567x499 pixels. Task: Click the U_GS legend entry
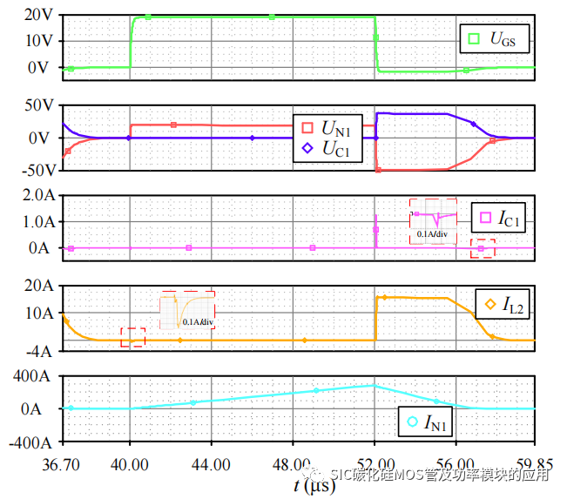click(x=496, y=38)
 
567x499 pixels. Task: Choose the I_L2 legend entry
click(x=505, y=304)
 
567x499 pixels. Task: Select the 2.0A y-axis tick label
click(x=36, y=196)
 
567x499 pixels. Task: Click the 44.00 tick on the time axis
click(x=211, y=466)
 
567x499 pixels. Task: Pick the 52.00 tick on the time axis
click(x=375, y=466)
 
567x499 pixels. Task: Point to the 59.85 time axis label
click(x=533, y=466)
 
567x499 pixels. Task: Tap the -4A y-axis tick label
click(x=39, y=352)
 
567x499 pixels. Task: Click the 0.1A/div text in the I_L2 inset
click(x=198, y=321)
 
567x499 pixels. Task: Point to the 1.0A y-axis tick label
click(x=36, y=222)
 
